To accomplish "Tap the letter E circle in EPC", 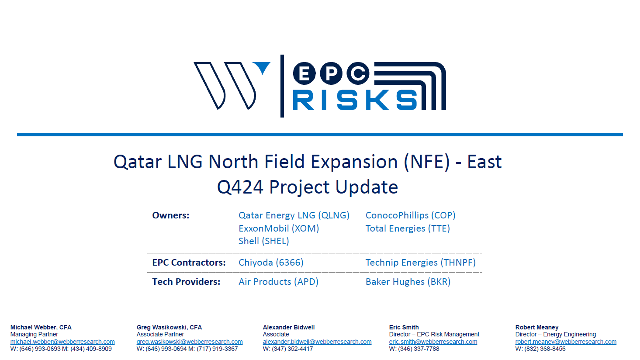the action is click(304, 73).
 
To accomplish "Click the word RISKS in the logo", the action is click(355, 100).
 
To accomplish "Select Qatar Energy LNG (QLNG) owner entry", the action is click(294, 215).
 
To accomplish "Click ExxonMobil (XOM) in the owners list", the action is click(279, 228).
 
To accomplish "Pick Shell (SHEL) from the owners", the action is click(264, 241).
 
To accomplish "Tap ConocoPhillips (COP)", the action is click(411, 215).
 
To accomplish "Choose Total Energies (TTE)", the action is click(408, 228).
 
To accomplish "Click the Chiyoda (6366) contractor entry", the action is click(271, 263).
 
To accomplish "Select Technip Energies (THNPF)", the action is click(421, 263).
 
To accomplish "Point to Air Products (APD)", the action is click(279, 282).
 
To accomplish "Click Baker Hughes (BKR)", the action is click(408, 282).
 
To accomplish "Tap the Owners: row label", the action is click(170, 215).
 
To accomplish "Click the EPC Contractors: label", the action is click(189, 263).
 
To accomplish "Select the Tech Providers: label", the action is click(186, 282).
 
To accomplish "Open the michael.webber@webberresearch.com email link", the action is click(62, 342).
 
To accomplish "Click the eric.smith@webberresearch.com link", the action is click(433, 342).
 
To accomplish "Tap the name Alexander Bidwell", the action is click(289, 327).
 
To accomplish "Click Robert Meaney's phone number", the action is click(540, 349).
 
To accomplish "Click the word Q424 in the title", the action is click(240, 187).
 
